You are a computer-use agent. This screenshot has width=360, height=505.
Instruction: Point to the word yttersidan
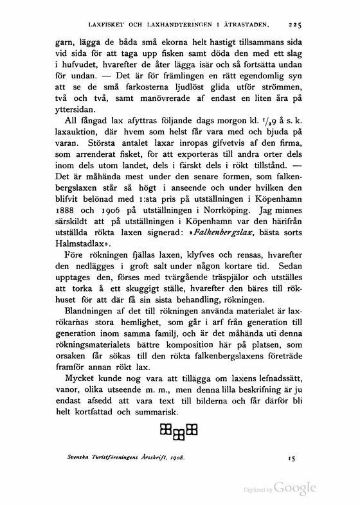pos(79,108)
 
